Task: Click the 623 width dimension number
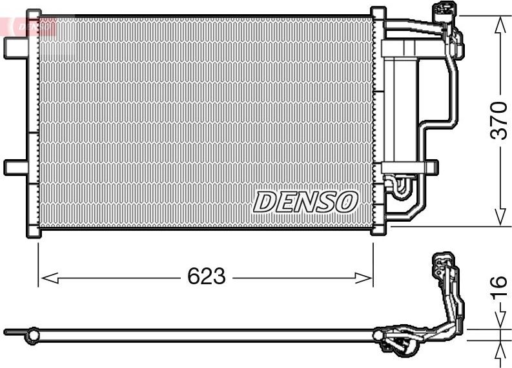206,277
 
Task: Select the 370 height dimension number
499,120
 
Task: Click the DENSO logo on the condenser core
305,202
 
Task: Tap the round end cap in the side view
31,333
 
